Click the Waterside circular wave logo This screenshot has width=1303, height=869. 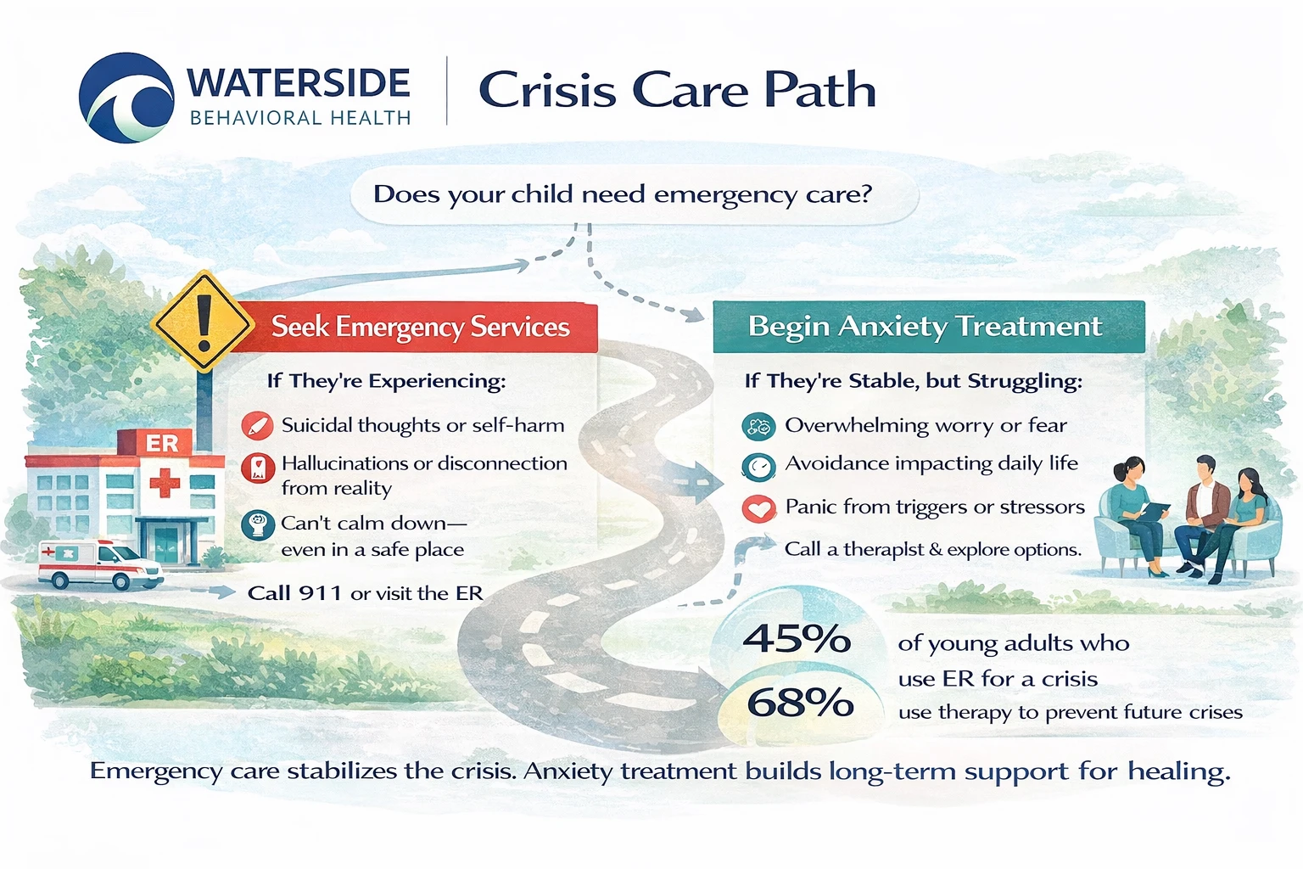tap(126, 98)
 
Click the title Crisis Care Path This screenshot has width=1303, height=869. tap(676, 90)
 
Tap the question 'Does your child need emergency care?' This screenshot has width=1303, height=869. tap(622, 194)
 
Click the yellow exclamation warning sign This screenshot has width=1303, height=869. tap(203, 322)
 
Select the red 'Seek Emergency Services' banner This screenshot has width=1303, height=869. tap(420, 327)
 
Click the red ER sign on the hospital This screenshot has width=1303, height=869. tap(161, 443)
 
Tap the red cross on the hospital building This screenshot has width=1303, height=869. tap(165, 483)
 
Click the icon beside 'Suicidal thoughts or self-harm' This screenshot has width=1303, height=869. tap(256, 425)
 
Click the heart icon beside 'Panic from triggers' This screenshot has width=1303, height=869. tap(758, 508)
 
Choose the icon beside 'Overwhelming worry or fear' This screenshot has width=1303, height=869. tap(758, 426)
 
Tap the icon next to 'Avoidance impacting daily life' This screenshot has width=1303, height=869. tap(758, 466)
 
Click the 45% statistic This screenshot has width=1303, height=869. tap(796, 639)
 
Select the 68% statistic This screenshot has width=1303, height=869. tap(799, 703)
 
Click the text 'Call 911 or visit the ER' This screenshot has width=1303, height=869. tap(365, 593)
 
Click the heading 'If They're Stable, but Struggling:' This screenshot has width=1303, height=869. tap(913, 381)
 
